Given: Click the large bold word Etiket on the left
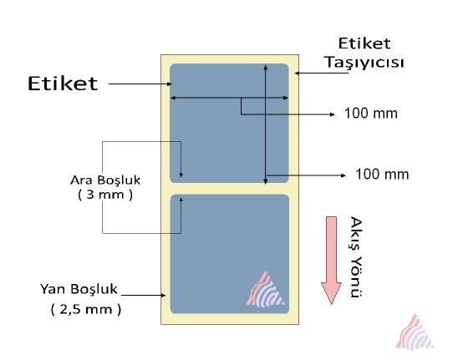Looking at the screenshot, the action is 63,84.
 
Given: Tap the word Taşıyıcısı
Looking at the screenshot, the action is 365,63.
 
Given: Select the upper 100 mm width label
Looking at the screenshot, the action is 371,113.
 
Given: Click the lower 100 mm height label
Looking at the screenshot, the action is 382,174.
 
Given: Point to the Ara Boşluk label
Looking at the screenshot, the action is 105,180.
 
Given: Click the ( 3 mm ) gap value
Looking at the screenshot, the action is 105,195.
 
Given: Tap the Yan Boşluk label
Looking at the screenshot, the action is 79,289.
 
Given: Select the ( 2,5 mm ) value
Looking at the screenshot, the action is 86,309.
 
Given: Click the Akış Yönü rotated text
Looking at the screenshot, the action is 356,257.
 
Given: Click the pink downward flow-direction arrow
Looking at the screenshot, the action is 331,260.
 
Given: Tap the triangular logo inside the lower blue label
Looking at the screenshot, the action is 265,289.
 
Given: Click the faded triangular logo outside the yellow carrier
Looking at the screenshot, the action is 415,332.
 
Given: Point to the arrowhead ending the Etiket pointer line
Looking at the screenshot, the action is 171,84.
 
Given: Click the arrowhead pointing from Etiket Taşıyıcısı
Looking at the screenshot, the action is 297,73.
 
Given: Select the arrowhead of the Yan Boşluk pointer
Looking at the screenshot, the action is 164,295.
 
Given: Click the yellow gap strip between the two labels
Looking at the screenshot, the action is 229,189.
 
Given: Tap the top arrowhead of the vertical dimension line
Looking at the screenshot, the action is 266,68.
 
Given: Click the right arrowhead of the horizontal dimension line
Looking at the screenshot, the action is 286,98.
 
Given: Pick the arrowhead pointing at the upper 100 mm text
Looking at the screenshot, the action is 333,114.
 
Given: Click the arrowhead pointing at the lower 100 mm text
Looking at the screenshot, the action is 344,175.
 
